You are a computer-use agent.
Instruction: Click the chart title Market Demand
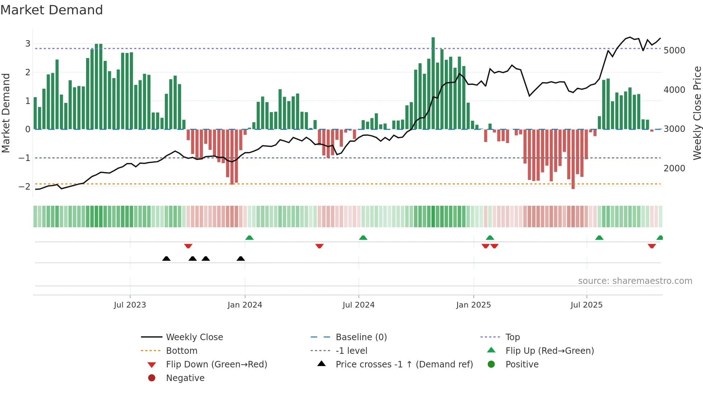click(x=52, y=10)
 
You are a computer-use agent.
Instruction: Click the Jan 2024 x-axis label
click(x=245, y=305)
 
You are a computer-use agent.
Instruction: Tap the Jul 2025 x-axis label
click(x=586, y=305)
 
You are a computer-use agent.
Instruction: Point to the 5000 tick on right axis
click(x=674, y=51)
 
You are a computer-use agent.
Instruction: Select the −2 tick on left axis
click(x=24, y=186)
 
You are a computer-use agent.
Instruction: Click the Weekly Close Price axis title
click(x=697, y=113)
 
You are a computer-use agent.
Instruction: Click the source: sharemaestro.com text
click(x=635, y=281)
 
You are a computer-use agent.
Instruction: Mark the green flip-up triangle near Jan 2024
click(x=249, y=238)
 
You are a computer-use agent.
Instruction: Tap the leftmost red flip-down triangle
click(x=188, y=246)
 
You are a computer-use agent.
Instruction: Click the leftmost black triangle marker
click(x=166, y=258)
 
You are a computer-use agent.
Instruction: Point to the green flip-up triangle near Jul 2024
click(x=363, y=238)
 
